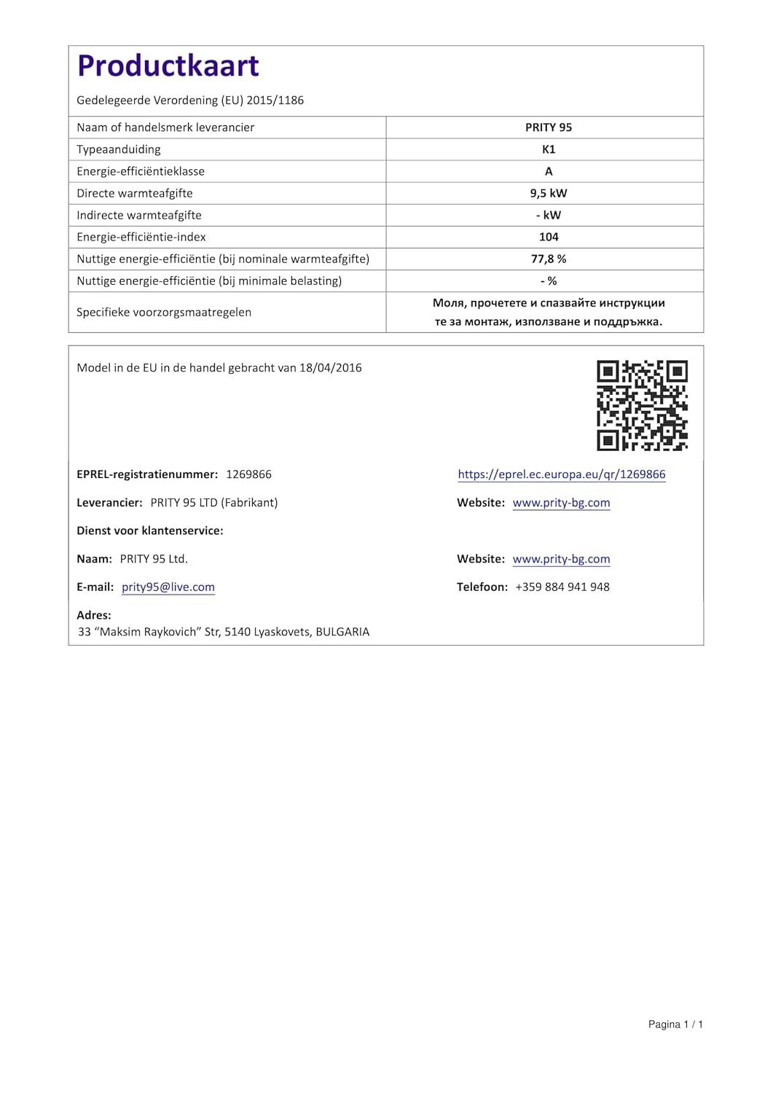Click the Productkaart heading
(168, 66)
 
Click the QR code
(642, 405)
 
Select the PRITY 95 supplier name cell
(549, 128)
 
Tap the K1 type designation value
(549, 149)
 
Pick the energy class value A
(549, 171)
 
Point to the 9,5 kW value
(549, 193)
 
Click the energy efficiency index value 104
(549, 237)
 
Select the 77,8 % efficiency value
(549, 259)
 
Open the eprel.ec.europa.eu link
(562, 474)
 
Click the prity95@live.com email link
(168, 587)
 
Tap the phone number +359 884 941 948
(562, 587)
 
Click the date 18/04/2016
(331, 368)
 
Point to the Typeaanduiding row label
(119, 149)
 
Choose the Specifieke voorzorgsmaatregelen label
(164, 312)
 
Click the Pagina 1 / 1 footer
(675, 1025)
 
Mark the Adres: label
(94, 615)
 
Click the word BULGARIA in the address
(342, 632)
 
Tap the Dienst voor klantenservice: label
(150, 530)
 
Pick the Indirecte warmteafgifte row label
(139, 215)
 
